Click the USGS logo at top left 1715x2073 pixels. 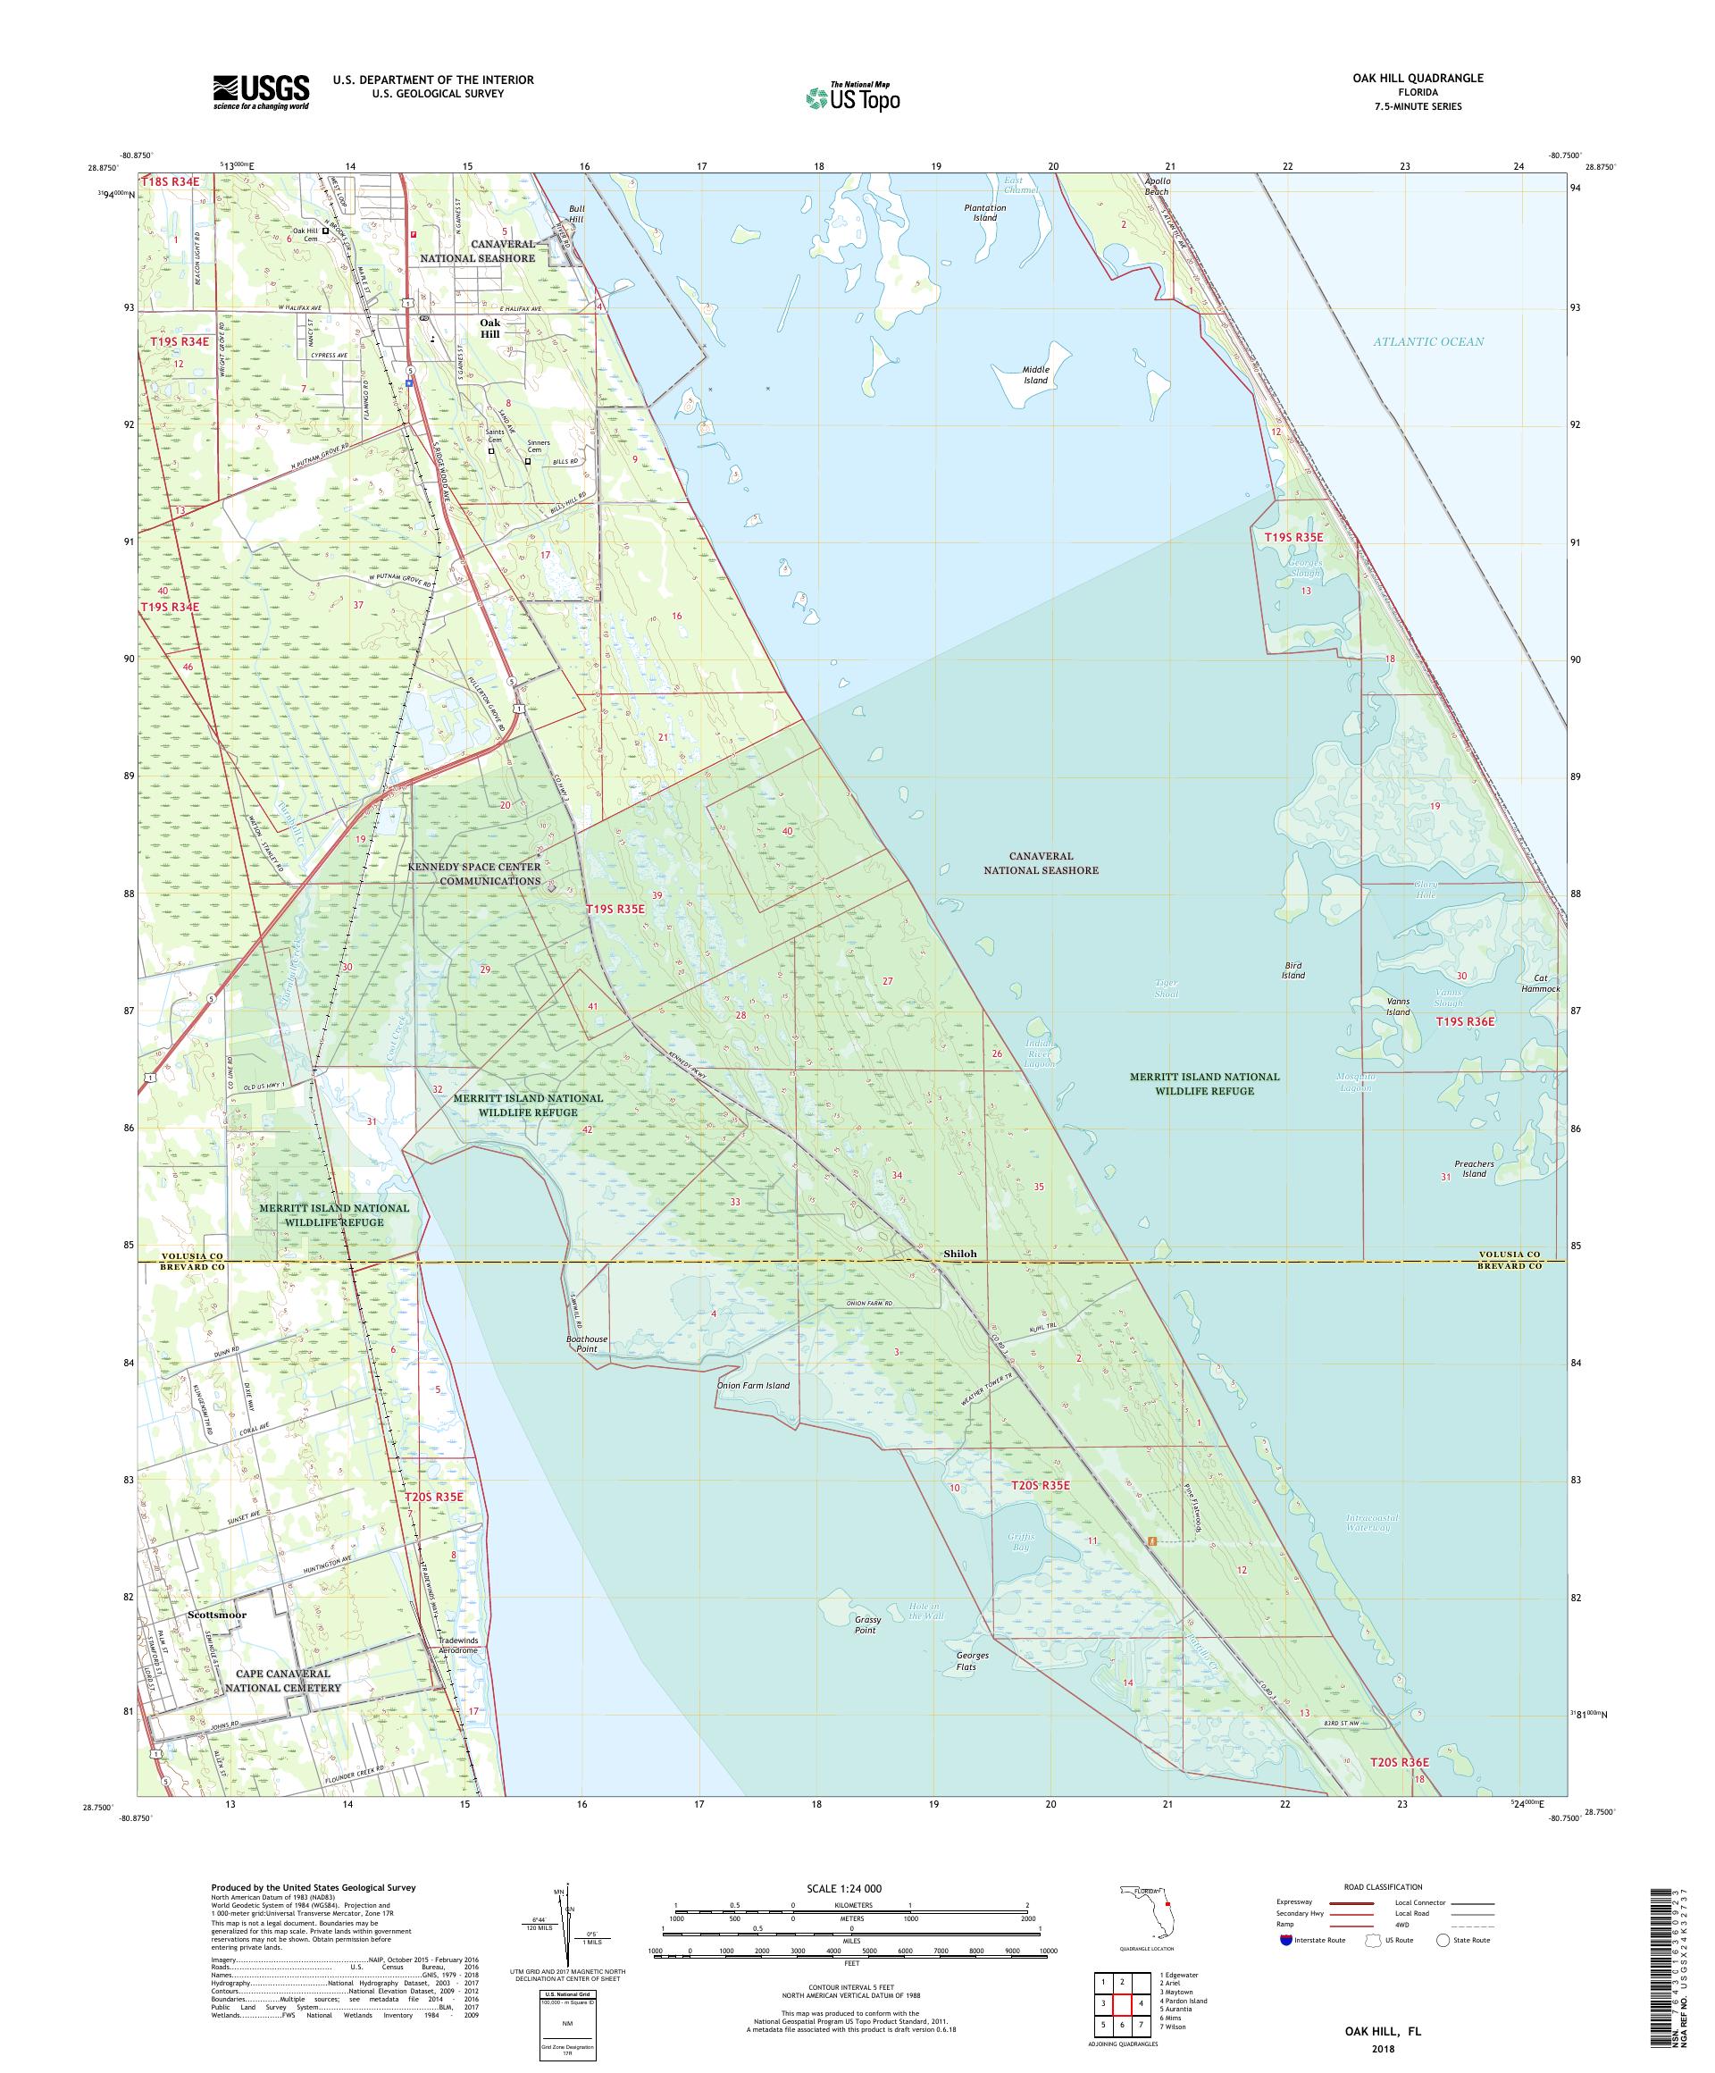pos(261,92)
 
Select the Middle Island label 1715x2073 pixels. pos(1035,374)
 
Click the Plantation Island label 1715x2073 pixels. pos(985,213)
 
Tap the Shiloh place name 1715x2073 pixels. pos(959,1254)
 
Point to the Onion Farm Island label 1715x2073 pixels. pos(753,1385)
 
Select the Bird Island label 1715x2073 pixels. pos(1293,970)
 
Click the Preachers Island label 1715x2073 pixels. pos(1473,1169)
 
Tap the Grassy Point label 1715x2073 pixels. pos(866,1624)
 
